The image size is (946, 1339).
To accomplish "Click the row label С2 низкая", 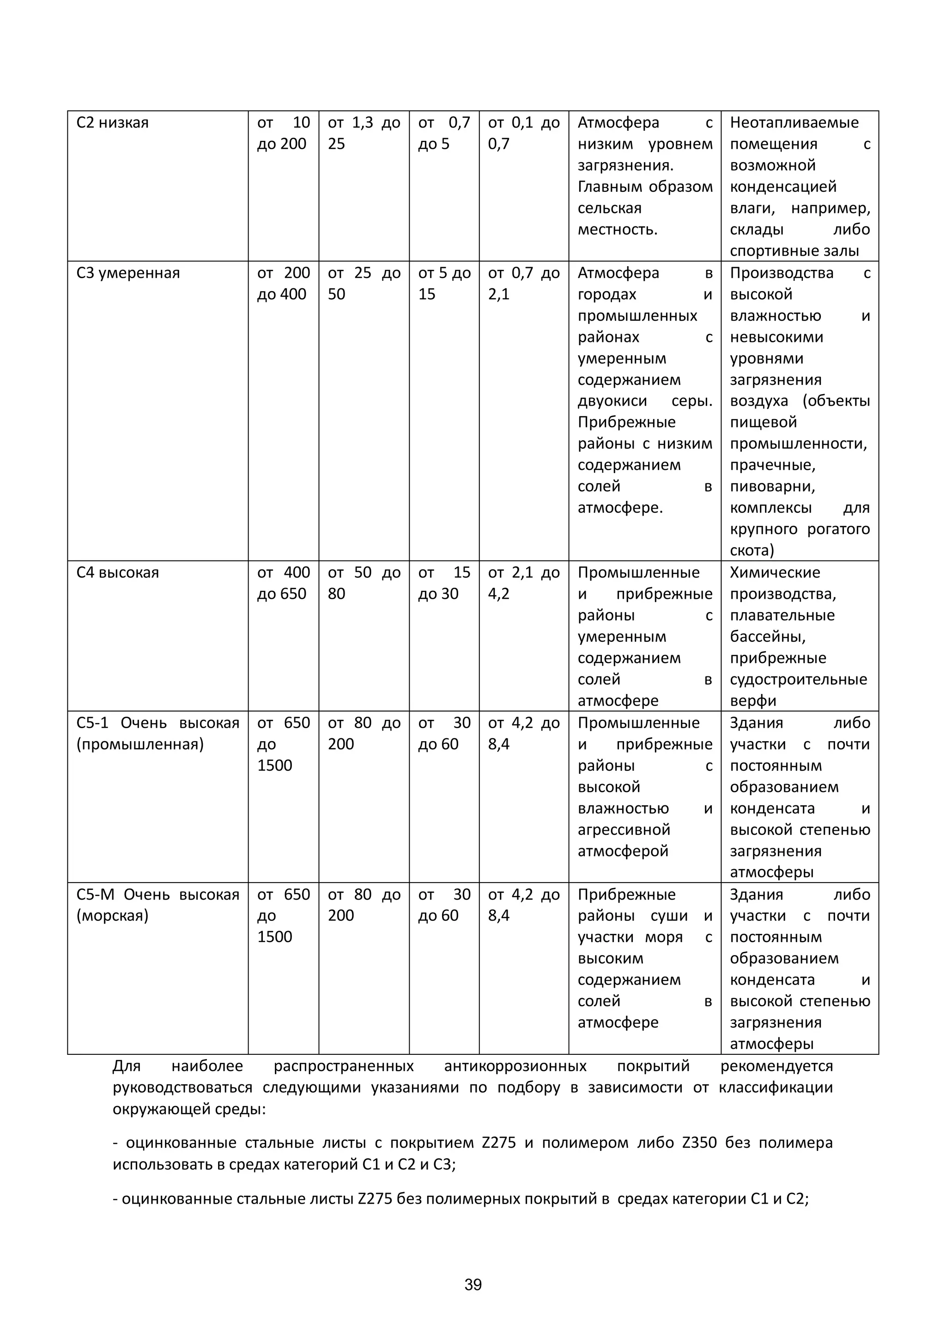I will point(113,123).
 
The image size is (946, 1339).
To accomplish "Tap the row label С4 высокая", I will point(117,572).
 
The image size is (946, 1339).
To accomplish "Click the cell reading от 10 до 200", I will point(283,134).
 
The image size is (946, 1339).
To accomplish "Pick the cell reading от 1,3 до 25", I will point(363,134).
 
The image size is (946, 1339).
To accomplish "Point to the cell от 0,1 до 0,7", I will point(523,134).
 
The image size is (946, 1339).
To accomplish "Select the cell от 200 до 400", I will point(283,283).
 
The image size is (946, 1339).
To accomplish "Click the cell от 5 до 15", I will point(443,283).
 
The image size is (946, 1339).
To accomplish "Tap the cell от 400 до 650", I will point(283,583).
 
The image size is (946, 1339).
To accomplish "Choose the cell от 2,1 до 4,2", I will point(523,583).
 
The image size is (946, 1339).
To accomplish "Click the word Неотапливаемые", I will point(794,123).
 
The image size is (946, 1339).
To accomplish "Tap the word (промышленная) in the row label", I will point(140,745).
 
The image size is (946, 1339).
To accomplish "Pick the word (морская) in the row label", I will point(113,916).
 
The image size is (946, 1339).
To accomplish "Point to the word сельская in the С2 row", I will point(609,209).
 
